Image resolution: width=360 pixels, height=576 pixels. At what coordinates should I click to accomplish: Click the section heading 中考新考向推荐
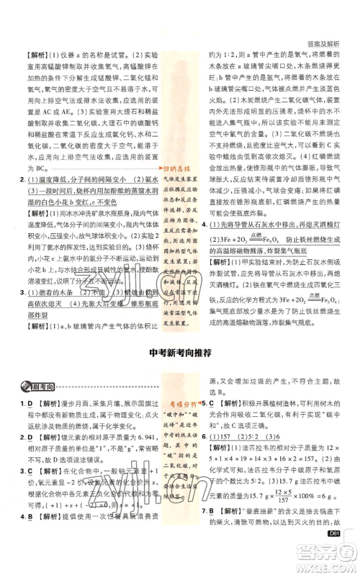click(180, 352)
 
